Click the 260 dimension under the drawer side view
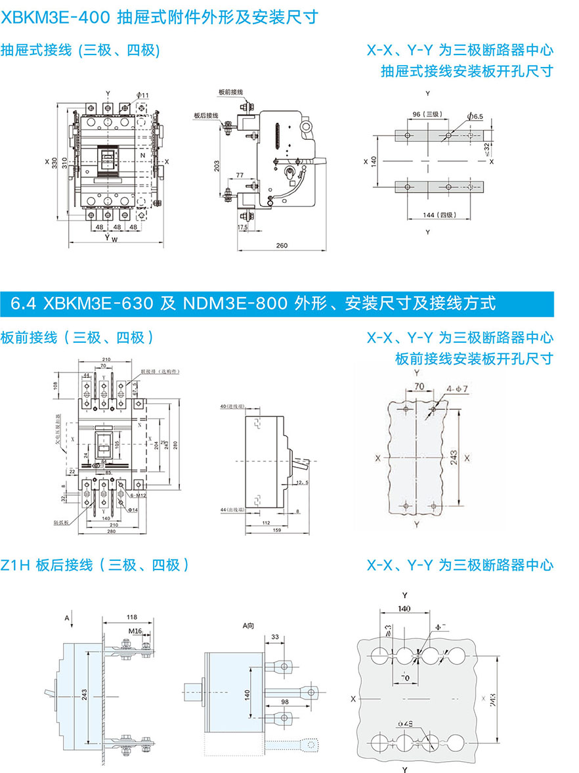tap(281, 246)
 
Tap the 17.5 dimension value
tap(242, 227)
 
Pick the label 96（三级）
tap(426, 114)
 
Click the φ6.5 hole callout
tap(475, 116)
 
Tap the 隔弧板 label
tap(62, 523)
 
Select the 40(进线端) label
tap(232, 407)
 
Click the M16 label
tap(135, 631)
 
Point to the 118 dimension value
tap(131, 617)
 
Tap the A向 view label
tap(247, 627)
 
